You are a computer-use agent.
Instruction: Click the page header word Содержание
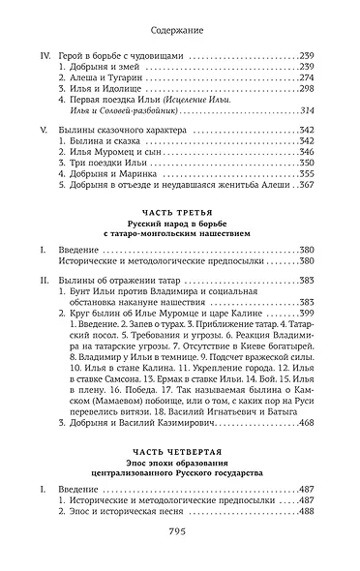pyautogui.click(x=180, y=31)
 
